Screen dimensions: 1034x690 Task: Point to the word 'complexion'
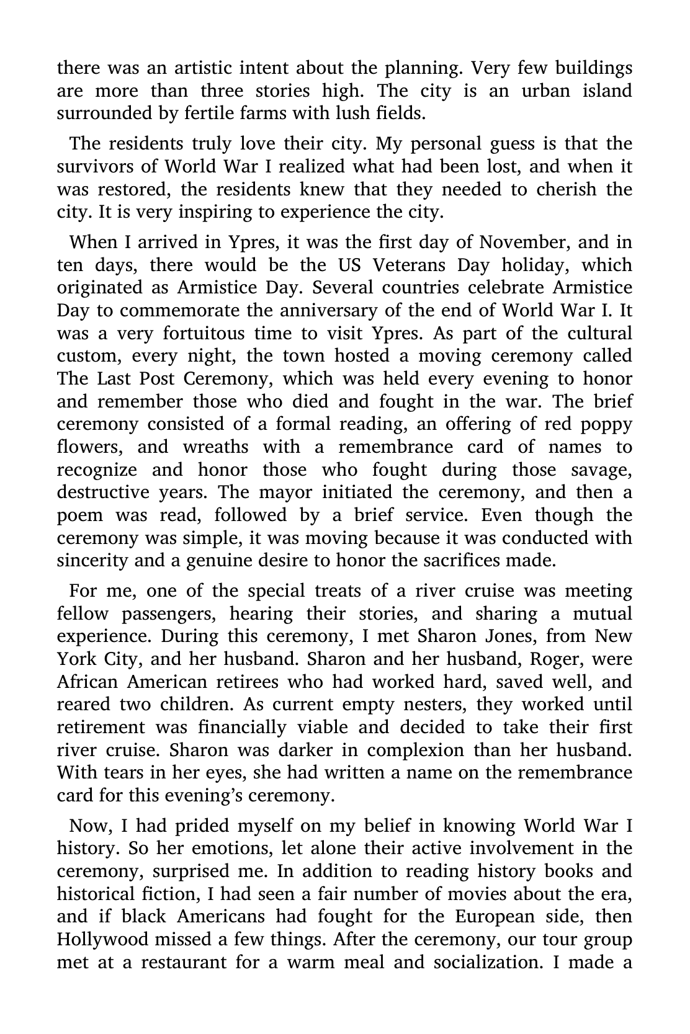[413, 750]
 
